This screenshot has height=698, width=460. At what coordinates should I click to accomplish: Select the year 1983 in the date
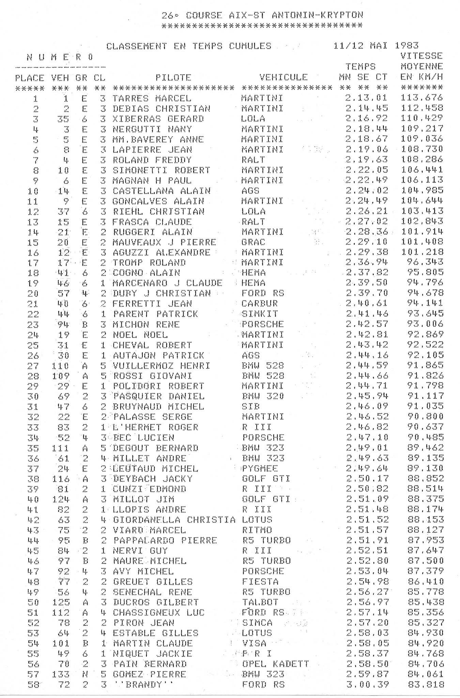point(407,45)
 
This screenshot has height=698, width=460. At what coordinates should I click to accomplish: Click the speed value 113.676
point(422,97)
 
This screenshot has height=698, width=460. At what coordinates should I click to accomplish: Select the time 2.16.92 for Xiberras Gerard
point(367,119)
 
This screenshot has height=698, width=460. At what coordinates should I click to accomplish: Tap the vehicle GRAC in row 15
point(253,242)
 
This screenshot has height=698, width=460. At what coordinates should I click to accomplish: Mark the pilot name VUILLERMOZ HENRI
point(161,366)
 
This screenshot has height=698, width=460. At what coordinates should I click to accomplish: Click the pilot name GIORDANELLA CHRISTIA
point(174,520)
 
